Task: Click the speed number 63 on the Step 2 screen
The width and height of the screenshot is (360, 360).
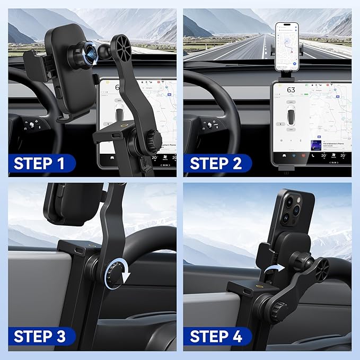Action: (291, 90)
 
